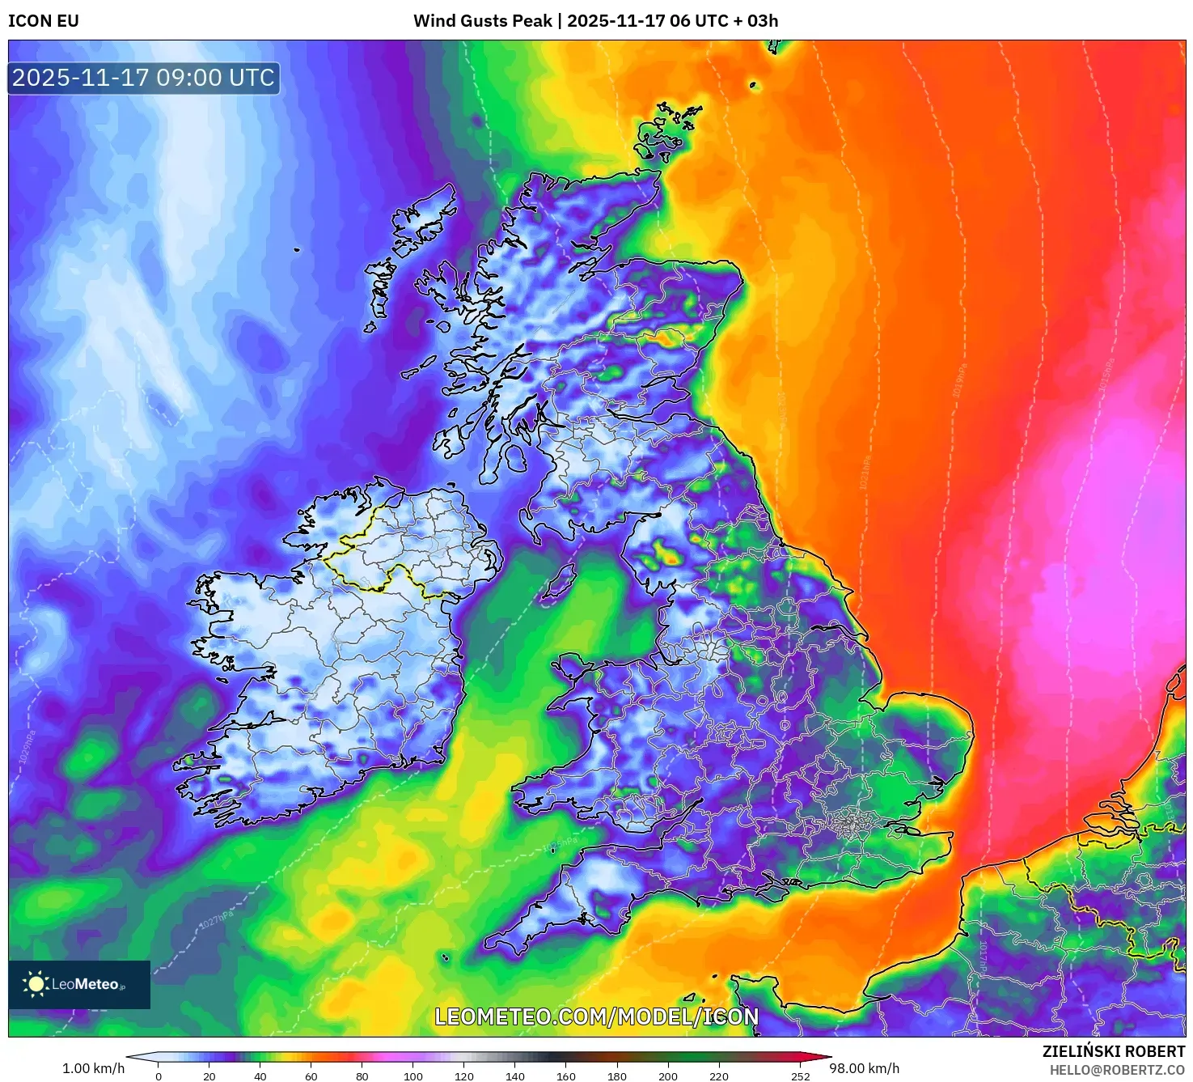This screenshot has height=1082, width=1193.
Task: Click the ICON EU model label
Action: click(x=44, y=21)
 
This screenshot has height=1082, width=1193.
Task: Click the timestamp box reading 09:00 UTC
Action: click(x=143, y=78)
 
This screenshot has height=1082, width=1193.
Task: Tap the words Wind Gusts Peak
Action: click(x=483, y=21)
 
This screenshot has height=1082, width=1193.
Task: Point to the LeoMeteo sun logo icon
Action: click(x=36, y=984)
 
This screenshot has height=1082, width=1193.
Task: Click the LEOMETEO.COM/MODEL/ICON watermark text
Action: click(x=597, y=1017)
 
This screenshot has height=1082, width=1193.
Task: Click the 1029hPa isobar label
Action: click(x=26, y=746)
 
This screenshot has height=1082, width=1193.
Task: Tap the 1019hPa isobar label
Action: click(x=958, y=380)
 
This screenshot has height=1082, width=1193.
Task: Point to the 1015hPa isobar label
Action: click(x=1106, y=374)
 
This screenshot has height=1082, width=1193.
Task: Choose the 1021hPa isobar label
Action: click(x=864, y=473)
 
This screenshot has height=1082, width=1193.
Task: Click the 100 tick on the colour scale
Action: click(x=413, y=1076)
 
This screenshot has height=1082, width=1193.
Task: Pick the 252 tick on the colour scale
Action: click(x=800, y=1076)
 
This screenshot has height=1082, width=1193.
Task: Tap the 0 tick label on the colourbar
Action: click(x=159, y=1076)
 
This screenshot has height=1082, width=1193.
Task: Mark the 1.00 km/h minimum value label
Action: click(x=93, y=1068)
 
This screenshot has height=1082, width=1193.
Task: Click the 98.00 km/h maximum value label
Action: click(x=864, y=1068)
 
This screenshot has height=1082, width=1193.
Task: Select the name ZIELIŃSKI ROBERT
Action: click(x=1113, y=1051)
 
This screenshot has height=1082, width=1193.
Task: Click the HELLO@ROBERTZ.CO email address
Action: click(x=1117, y=1070)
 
